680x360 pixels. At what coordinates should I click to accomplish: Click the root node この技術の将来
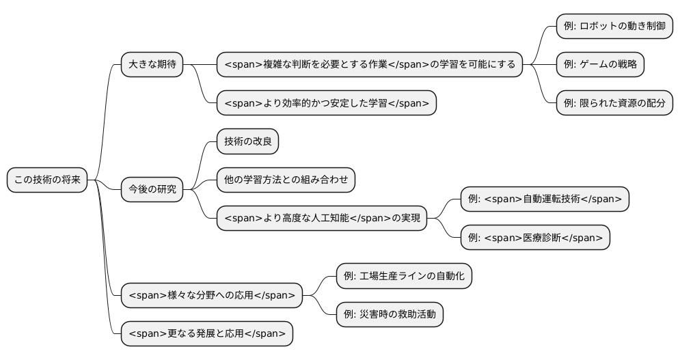47,180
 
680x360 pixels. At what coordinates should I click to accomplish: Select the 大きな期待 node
152,65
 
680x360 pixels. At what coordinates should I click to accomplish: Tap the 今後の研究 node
152,189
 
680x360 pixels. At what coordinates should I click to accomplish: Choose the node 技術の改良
247,141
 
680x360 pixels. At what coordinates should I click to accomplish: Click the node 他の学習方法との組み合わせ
286,180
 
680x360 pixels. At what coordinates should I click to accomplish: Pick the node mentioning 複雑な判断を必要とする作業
369,65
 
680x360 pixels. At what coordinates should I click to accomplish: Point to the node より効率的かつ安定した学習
326,103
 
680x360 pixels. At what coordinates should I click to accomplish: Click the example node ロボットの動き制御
614,27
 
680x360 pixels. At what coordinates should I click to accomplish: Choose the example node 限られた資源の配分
614,103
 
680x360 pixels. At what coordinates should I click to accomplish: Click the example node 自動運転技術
544,199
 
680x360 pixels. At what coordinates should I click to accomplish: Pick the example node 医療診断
535,237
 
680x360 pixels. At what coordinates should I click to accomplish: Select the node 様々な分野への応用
212,295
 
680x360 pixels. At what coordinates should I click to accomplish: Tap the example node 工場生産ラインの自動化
404,276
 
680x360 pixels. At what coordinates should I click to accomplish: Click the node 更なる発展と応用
207,333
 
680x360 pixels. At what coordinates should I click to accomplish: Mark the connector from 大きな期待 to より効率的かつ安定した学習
201,85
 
